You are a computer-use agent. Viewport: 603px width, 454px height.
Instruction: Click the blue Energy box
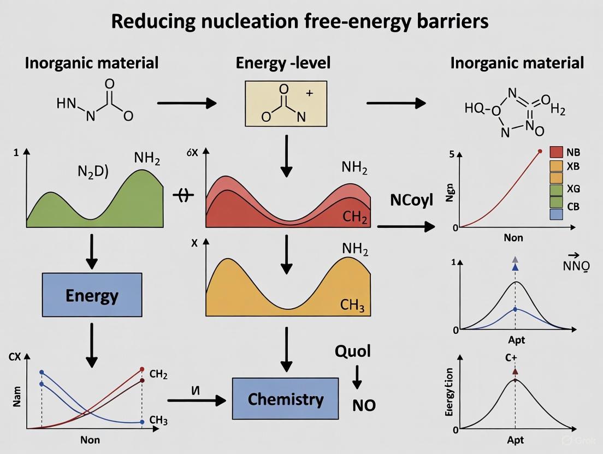(x=92, y=296)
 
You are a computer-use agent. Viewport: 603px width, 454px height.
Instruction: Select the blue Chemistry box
(x=285, y=399)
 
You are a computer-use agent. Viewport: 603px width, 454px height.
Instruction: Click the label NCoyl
(x=411, y=200)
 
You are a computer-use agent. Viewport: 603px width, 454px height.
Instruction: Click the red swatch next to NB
(x=556, y=152)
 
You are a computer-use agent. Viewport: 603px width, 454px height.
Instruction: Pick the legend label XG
(x=574, y=189)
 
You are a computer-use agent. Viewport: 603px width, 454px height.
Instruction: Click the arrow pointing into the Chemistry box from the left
(x=197, y=400)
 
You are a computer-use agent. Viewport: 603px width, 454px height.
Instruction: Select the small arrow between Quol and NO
(x=357, y=377)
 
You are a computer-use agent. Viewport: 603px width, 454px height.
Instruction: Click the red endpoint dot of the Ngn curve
(x=540, y=151)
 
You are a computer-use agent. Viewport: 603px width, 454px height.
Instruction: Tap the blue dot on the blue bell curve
(x=515, y=309)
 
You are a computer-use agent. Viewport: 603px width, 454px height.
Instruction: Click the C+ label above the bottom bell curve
(x=515, y=359)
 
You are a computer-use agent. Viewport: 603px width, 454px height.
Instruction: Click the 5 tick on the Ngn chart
(x=452, y=154)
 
